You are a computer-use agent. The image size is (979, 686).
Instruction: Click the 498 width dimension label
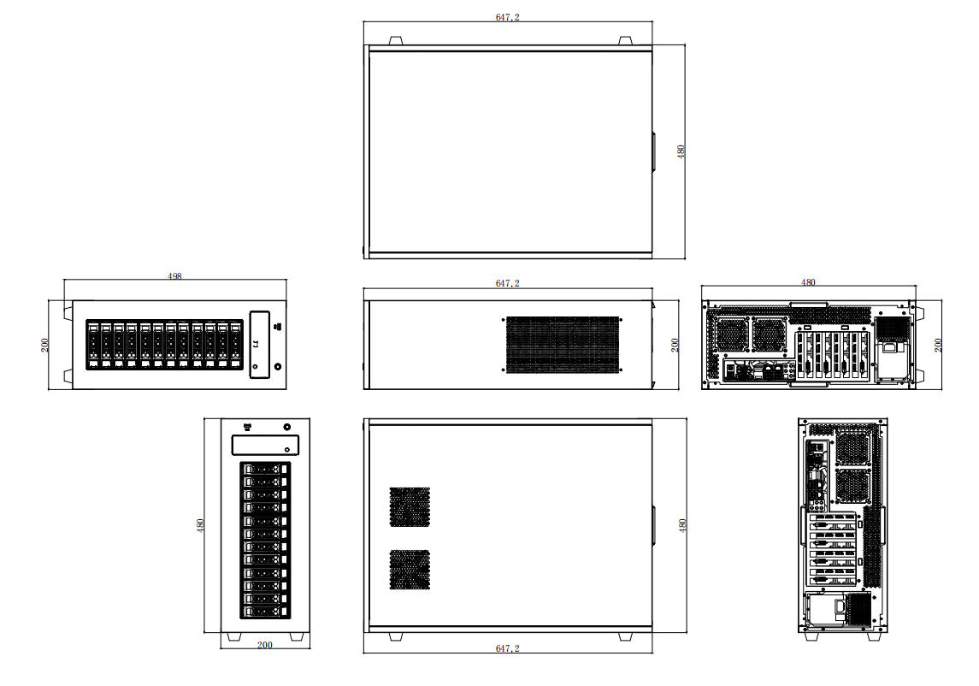174,276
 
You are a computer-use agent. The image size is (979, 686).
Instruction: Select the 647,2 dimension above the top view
507,17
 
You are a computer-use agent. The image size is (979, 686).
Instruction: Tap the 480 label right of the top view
681,151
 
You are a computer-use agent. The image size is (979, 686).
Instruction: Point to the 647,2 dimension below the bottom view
507,648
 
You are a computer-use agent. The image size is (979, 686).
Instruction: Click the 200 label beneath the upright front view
265,645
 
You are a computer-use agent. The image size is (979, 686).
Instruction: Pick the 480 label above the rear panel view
807,281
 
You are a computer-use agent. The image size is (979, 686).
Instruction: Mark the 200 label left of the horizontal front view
44,345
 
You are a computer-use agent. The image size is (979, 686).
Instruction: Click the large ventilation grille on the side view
562,345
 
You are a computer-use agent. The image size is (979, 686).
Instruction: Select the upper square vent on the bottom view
410,507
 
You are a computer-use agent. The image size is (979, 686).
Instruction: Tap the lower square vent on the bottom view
410,570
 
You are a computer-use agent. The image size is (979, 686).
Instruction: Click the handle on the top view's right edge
653,151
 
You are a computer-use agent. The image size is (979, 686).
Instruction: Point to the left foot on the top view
395,40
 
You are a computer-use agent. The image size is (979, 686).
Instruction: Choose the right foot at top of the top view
625,40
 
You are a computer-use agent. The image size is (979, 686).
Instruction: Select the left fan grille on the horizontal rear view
733,334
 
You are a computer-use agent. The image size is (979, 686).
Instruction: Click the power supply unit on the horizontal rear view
892,346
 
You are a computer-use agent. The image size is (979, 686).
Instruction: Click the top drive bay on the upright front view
265,469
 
